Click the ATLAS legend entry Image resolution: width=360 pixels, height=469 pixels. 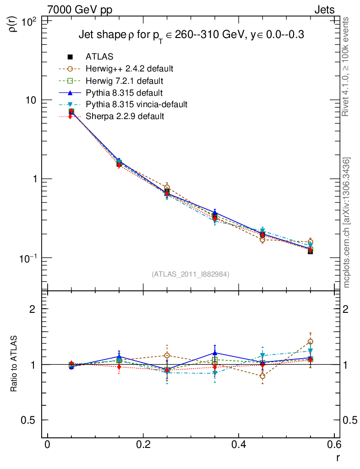[x=99, y=57]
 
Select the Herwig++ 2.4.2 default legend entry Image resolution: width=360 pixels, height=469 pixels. [x=129, y=69]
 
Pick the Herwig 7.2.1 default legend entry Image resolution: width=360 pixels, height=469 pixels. [x=124, y=81]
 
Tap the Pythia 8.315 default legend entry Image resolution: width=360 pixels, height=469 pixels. [x=124, y=93]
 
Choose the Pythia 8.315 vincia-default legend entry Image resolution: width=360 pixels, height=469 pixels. [x=136, y=104]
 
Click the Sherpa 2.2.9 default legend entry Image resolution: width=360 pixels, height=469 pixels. [x=125, y=116]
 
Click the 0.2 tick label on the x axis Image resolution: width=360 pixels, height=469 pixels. [x=143, y=444]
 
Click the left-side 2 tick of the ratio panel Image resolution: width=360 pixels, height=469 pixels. [x=33, y=309]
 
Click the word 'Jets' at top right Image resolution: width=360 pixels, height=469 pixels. [x=324, y=10]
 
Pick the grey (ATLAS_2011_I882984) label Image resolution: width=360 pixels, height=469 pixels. [x=191, y=274]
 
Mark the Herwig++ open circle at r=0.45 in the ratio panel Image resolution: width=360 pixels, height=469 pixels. [x=262, y=376]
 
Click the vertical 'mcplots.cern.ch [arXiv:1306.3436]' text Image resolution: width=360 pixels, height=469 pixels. [x=347, y=223]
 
